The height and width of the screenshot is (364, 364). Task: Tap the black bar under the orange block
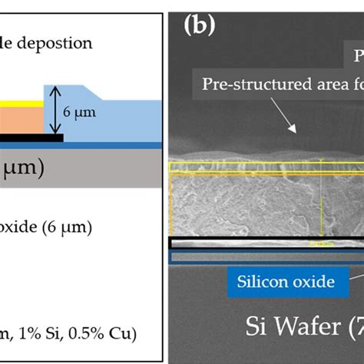(31, 137)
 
